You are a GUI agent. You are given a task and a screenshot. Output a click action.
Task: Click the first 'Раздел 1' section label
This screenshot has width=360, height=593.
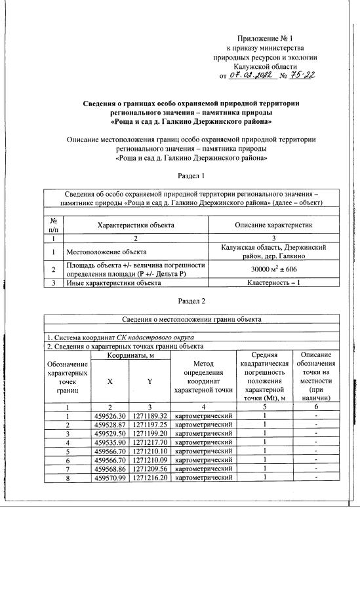(192, 176)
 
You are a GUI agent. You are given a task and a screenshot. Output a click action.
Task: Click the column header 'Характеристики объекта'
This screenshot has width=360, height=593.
(136, 225)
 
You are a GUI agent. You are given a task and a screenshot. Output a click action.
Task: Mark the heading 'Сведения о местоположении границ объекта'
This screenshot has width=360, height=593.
(192, 319)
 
